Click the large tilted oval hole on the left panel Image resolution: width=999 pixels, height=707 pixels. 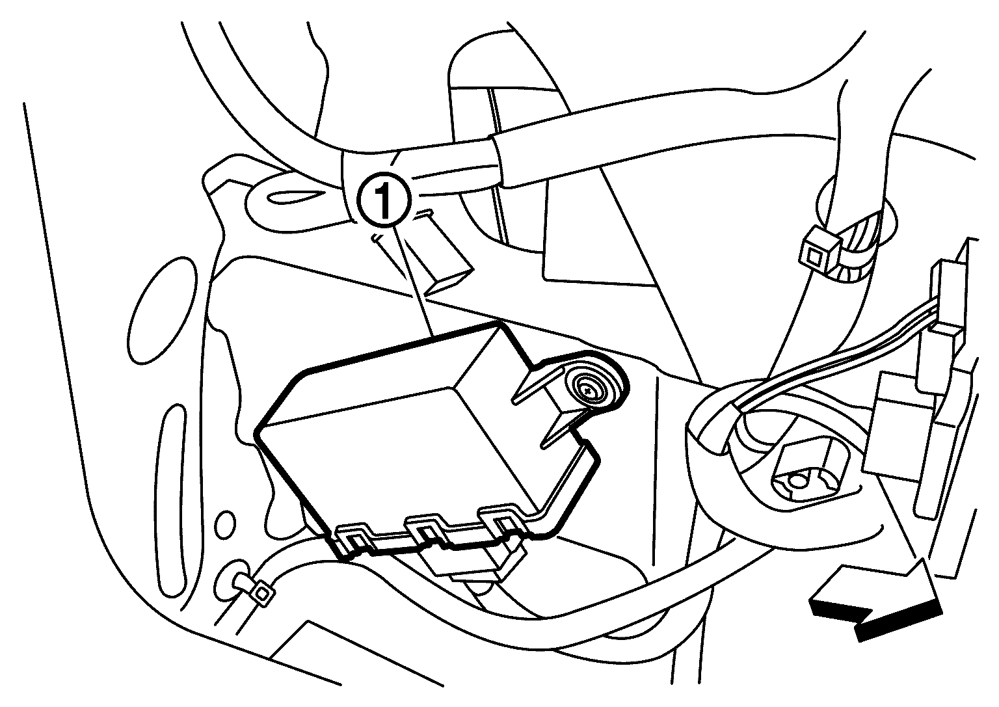coord(163,311)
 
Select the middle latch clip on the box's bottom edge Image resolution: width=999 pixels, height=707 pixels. coord(426,531)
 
